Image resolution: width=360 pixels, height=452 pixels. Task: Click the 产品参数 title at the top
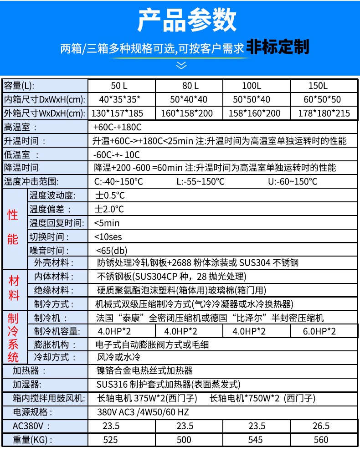(x=186, y=21)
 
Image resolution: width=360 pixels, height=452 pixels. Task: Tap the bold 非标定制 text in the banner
(x=278, y=46)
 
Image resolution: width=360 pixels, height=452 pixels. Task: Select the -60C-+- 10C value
(x=116, y=154)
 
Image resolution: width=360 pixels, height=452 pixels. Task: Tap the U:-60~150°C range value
(x=293, y=182)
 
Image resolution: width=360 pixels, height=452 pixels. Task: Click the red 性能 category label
(x=13, y=226)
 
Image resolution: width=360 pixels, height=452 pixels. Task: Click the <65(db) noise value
(x=112, y=251)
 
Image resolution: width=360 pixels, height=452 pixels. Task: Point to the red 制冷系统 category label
(x=13, y=337)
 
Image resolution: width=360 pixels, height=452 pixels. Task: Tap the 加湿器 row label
(x=27, y=385)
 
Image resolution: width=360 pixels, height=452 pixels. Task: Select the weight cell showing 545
(x=257, y=440)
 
